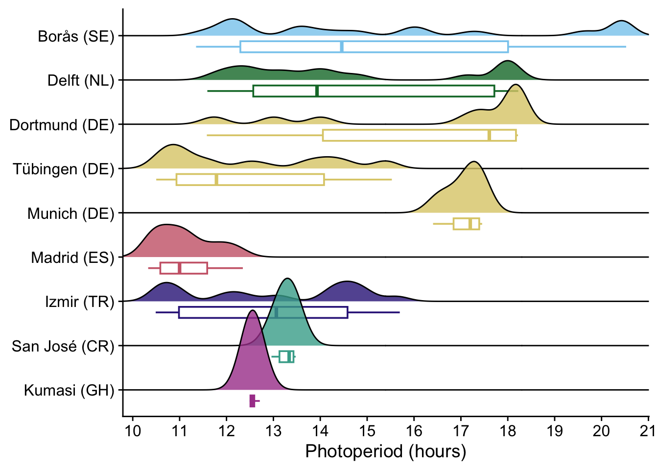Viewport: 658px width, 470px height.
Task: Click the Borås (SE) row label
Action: [76, 36]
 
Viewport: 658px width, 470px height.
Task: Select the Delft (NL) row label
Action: [81, 80]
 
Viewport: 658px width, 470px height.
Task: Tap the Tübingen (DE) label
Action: [64, 169]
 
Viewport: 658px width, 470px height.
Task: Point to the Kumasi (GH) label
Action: [69, 390]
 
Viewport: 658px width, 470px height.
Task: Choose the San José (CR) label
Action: [63, 346]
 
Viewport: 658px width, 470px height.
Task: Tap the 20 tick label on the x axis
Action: [601, 431]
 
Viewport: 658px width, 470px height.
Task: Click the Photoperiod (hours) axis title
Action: [385, 451]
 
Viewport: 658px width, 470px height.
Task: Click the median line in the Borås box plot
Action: [341, 47]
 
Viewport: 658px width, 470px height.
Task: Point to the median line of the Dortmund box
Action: [489, 135]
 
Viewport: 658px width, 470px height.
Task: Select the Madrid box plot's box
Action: [184, 268]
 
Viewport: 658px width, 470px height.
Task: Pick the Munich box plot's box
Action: [466, 224]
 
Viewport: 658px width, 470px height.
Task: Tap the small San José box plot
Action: [286, 356]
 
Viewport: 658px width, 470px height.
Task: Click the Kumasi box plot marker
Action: [252, 401]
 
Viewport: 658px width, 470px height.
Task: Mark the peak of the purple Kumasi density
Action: [252, 311]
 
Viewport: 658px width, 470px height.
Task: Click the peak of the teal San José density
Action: [287, 279]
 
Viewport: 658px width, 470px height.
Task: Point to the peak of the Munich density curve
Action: [473, 162]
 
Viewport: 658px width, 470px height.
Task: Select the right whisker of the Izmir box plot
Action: [374, 312]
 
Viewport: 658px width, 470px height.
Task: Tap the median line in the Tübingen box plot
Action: [216, 180]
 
